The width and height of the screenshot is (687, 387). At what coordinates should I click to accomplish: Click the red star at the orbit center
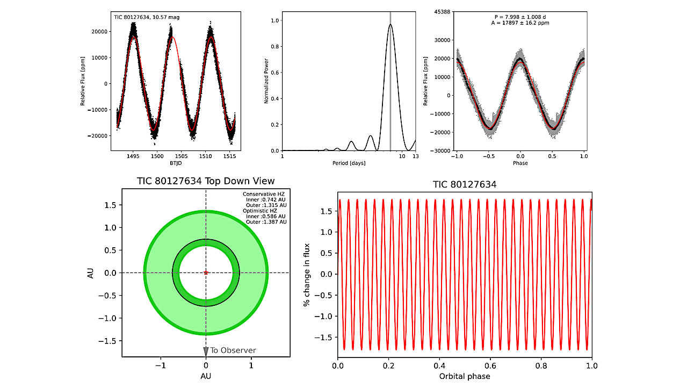point(206,273)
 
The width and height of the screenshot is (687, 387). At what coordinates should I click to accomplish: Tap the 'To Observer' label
point(233,350)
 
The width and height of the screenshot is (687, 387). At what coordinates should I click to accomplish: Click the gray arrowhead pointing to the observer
point(206,352)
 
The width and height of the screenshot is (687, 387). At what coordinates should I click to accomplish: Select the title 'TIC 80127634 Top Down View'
point(206,181)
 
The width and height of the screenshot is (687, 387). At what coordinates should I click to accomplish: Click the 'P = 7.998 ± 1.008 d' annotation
point(518,17)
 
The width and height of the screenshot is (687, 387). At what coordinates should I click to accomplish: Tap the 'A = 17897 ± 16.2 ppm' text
point(518,23)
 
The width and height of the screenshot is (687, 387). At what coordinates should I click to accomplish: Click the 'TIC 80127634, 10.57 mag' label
point(147,17)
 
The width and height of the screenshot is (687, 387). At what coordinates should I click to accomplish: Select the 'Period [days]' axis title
point(349,163)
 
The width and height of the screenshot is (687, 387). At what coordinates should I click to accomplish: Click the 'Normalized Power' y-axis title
point(267,81)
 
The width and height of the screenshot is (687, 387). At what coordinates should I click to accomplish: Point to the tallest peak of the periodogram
point(390,24)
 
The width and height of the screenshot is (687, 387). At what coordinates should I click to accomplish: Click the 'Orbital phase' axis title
point(465,376)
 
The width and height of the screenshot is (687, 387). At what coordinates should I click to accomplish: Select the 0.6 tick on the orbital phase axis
point(490,365)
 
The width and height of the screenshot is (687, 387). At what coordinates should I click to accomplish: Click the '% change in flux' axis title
point(307,273)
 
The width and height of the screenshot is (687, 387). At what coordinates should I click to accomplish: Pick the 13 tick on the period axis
point(415,156)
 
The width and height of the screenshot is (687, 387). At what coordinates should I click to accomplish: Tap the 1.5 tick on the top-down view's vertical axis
point(111,205)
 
